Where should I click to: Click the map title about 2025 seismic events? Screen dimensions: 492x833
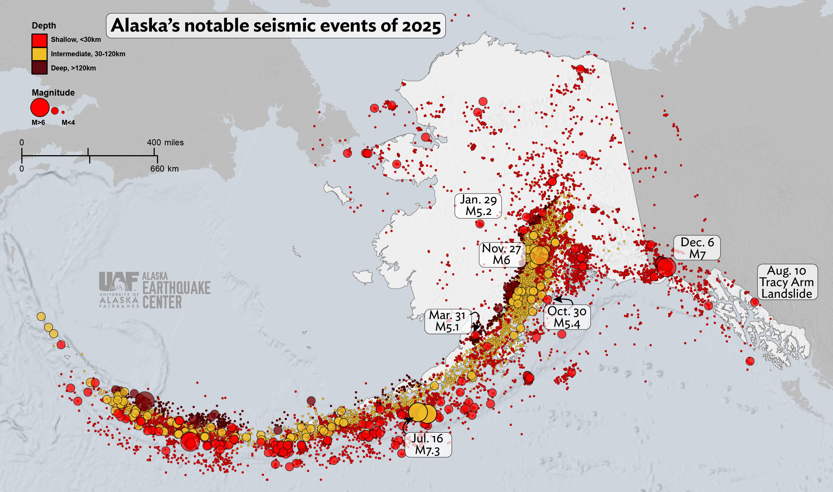click(276, 25)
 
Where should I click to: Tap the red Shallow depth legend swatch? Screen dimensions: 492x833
click(39, 40)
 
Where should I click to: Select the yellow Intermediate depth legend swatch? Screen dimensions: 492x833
click(39, 54)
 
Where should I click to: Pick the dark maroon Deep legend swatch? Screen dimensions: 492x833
click(39, 68)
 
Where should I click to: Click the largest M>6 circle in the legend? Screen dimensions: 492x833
click(40, 107)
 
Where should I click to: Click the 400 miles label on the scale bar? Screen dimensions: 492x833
click(165, 143)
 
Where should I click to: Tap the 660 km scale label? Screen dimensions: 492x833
click(164, 169)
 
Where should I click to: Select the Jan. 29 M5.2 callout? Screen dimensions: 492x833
click(478, 206)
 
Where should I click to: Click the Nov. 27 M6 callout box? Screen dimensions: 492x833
click(501, 254)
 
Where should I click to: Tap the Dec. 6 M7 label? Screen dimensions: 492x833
click(697, 248)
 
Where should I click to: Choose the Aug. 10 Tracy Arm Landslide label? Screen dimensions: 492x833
click(787, 282)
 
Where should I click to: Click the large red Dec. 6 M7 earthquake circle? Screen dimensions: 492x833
click(666, 267)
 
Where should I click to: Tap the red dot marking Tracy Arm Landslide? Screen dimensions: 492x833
click(754, 302)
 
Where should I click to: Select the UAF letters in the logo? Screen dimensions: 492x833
click(119, 281)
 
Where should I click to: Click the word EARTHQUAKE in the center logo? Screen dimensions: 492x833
click(176, 288)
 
